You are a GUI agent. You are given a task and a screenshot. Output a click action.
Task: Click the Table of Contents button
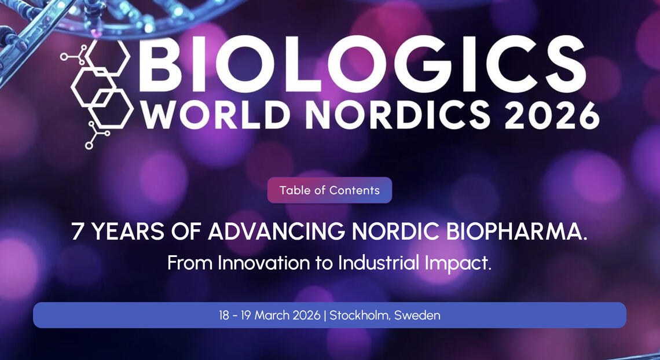pos(329,190)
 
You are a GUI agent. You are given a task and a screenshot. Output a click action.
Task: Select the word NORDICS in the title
pos(398,115)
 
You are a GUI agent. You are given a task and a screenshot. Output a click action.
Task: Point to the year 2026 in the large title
pos(552,115)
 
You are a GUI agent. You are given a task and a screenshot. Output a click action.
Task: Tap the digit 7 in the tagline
pos(77,232)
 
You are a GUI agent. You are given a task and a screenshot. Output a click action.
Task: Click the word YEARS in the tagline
pos(127,232)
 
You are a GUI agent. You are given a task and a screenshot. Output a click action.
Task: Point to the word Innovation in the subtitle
pos(264,263)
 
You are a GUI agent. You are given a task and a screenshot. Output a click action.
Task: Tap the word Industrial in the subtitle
pos(379,263)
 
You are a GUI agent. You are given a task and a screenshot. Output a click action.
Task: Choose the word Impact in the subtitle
pos(455,264)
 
